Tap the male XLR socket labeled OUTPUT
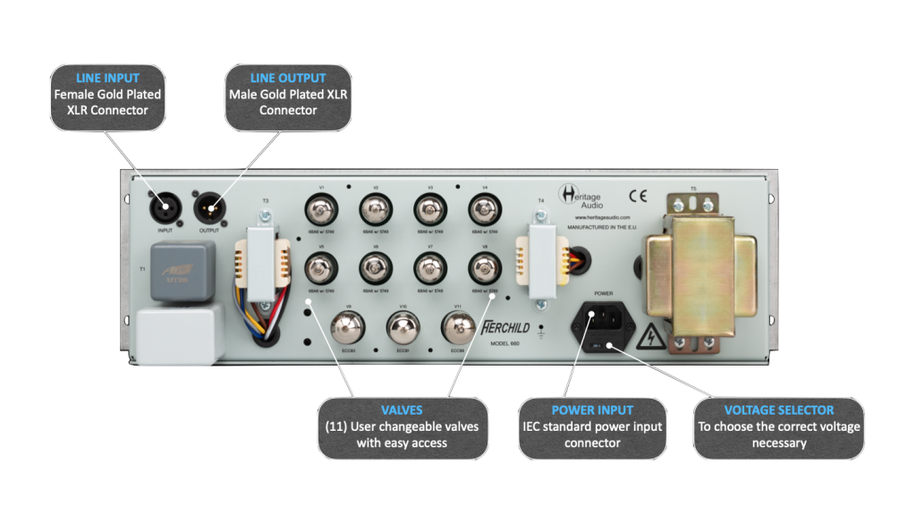click(208, 212)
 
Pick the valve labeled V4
click(484, 212)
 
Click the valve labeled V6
click(376, 266)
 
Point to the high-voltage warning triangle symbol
click(649, 337)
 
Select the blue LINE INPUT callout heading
click(108, 78)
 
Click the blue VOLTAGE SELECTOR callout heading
click(779, 409)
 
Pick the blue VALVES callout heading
click(402, 409)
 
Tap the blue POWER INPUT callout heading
click(591, 409)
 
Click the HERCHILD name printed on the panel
click(506, 327)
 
